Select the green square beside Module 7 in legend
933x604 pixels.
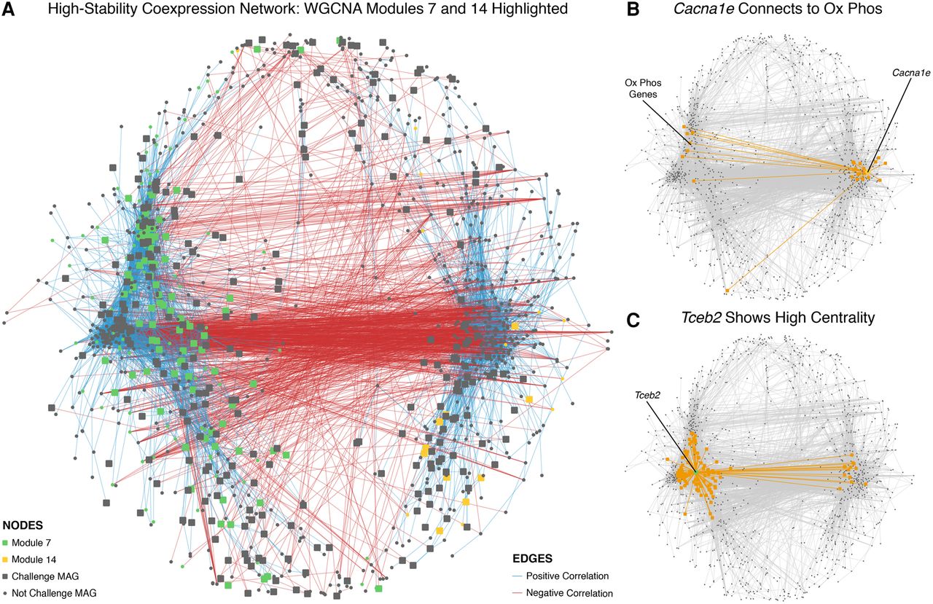coord(7,542)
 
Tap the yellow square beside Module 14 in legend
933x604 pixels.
coord(7,559)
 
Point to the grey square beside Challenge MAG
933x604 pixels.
coord(7,576)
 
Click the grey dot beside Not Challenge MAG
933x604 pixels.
coord(7,593)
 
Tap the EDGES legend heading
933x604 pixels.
coord(531,559)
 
